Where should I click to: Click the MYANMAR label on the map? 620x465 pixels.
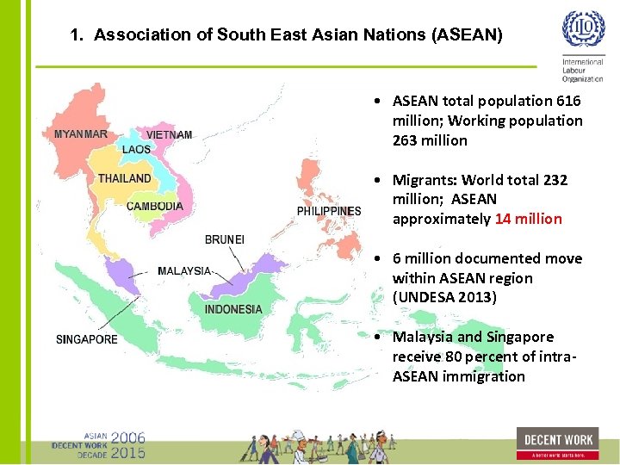pos(81,134)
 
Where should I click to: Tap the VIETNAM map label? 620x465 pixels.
pos(170,135)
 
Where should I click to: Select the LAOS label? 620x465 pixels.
pos(136,150)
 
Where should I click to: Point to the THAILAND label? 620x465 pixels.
pos(124,178)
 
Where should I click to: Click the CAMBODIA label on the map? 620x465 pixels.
pos(155,207)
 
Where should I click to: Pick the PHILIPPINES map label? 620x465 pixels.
pos(329,211)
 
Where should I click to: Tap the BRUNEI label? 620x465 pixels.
pos(225,239)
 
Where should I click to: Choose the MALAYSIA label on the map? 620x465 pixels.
pos(184,271)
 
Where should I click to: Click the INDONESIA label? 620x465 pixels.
pos(233,309)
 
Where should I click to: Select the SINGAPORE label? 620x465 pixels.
pos(87,339)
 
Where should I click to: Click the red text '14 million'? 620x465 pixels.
pos(528,219)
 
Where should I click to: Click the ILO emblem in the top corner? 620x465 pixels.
pos(583,29)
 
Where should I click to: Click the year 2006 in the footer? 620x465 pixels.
pos(127,438)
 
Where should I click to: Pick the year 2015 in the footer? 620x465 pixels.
pos(127,453)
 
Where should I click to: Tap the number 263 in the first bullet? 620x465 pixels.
pos(406,140)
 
